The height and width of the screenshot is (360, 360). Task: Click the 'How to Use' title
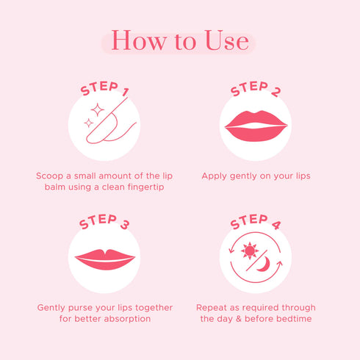179,41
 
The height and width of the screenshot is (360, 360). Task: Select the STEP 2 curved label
255,90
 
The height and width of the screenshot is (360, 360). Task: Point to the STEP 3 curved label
104,222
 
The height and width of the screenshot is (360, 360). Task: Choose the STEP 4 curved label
255,222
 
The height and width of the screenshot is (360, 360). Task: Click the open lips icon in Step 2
256,126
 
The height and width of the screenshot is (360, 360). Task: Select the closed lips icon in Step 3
105,258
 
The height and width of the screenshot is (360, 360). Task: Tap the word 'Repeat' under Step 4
212,307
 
